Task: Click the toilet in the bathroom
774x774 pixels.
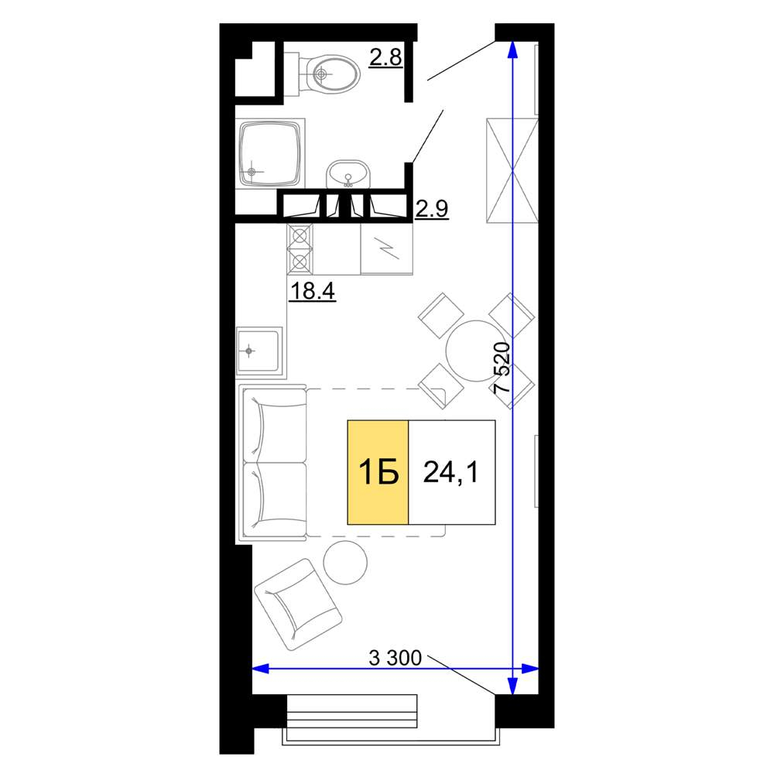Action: click(327, 75)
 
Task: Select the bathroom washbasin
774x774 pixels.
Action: click(348, 173)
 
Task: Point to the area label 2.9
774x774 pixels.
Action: click(431, 208)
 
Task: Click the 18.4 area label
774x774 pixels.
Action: click(312, 290)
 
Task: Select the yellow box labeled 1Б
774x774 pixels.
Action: click(378, 472)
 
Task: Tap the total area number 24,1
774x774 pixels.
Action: click(450, 472)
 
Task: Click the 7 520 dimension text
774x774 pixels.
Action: click(502, 367)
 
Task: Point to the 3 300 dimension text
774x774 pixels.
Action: click(396, 657)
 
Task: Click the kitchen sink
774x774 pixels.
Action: click(259, 351)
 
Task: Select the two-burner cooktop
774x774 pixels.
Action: click(300, 248)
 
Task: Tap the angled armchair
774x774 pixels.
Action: click(298, 604)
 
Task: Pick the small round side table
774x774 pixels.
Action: click(345, 563)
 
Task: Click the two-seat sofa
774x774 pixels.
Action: click(272, 463)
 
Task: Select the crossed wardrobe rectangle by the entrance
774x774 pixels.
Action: click(512, 170)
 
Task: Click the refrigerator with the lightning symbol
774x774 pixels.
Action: click(386, 248)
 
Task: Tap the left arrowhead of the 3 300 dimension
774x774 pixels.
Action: click(259, 669)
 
